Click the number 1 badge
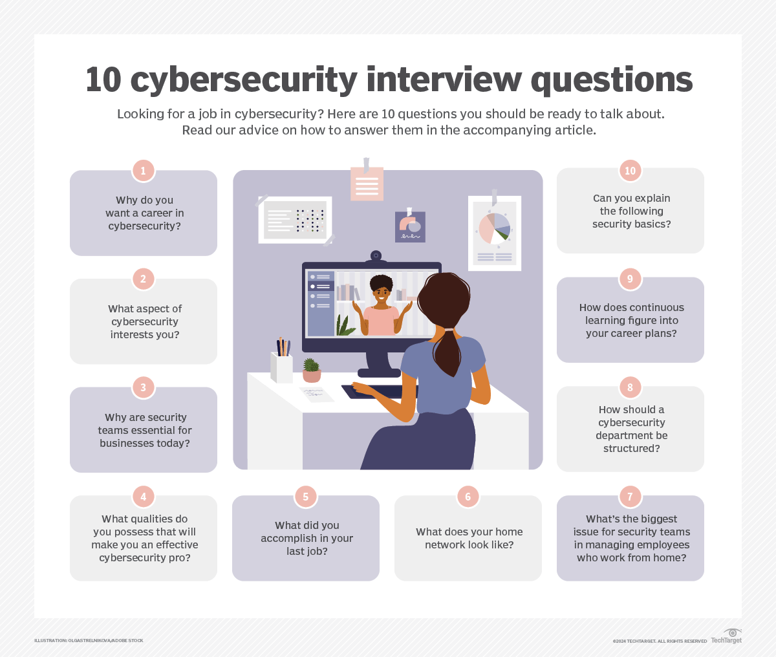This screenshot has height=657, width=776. [x=144, y=171]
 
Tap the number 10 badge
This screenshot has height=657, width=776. [x=630, y=171]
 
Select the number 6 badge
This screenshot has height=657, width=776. [x=468, y=497]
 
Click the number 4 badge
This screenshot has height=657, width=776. [x=144, y=497]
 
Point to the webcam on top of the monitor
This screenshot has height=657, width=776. [x=376, y=257]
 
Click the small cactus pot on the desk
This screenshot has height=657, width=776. [x=312, y=371]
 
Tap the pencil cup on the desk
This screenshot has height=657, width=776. [x=281, y=367]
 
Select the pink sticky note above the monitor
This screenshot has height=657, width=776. [x=367, y=184]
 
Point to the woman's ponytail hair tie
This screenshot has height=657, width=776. [x=449, y=330]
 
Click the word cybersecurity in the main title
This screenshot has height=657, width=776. [x=244, y=80]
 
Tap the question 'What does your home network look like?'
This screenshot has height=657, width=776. [x=469, y=538]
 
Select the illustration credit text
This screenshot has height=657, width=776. [x=89, y=640]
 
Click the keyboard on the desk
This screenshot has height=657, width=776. [x=379, y=391]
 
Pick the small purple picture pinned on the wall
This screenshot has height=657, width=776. [x=410, y=227]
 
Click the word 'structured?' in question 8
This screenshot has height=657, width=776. [x=631, y=448]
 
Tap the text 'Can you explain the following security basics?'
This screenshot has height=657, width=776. [x=631, y=211]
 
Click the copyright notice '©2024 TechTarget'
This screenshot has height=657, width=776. [x=660, y=641]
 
